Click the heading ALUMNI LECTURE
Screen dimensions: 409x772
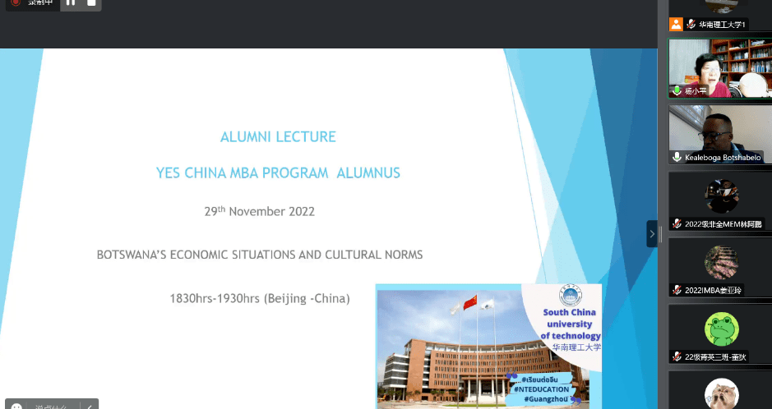(x=278, y=137)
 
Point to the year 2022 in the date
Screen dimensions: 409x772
(x=301, y=211)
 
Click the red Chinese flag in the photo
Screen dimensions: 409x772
(x=470, y=303)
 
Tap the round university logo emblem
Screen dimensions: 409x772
(x=571, y=296)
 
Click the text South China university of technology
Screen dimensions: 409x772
(x=571, y=324)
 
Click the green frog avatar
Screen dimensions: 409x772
(x=721, y=329)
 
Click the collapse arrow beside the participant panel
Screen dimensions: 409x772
(x=652, y=234)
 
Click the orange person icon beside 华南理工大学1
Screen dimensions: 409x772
(x=676, y=25)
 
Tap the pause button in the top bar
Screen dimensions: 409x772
(x=70, y=2)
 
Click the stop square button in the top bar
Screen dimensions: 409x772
(x=90, y=2)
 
